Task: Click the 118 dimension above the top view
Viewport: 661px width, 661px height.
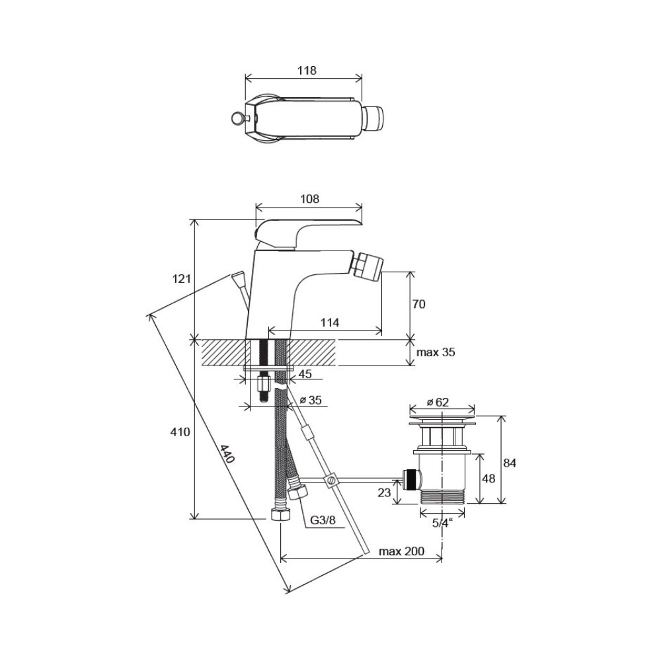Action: [307, 71]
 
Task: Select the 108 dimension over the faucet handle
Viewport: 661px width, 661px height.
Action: [309, 198]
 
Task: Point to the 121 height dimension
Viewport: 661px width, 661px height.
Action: [182, 279]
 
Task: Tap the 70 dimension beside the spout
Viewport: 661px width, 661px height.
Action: [418, 304]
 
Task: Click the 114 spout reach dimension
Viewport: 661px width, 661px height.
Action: [330, 323]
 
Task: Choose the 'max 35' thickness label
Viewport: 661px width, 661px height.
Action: [436, 352]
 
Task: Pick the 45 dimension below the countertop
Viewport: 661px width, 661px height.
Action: [305, 374]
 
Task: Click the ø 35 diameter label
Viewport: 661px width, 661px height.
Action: [311, 400]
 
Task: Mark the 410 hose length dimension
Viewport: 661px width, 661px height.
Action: [180, 432]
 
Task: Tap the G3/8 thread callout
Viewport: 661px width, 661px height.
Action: [323, 520]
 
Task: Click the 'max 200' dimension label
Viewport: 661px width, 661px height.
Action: [401, 551]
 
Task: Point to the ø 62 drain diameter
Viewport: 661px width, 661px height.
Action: [438, 402]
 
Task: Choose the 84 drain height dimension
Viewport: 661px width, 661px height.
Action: [510, 463]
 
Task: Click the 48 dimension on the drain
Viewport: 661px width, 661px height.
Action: [488, 479]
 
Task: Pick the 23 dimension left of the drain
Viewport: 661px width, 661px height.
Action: [384, 492]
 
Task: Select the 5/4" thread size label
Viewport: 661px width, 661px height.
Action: [442, 523]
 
